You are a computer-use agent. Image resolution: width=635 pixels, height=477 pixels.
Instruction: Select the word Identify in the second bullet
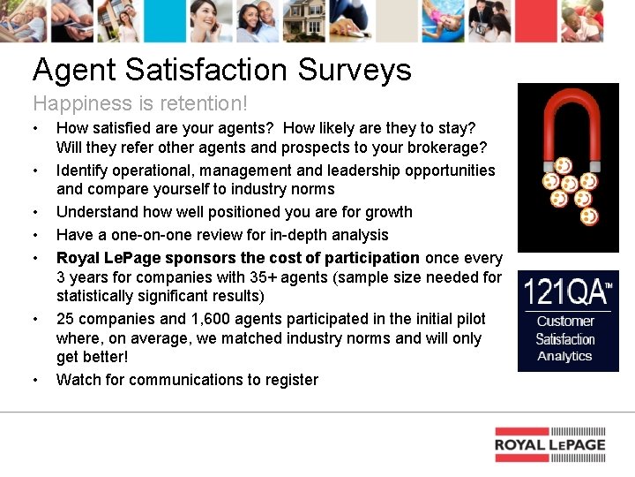[x=82, y=170]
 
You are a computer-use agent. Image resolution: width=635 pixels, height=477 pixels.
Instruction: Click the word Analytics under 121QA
[x=564, y=356]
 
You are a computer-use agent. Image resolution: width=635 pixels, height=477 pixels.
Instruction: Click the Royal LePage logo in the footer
[x=549, y=444]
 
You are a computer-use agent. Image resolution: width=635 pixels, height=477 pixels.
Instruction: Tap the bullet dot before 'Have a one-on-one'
[x=35, y=236]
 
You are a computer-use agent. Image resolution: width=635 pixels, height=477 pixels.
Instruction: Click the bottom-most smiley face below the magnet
[x=589, y=216]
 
